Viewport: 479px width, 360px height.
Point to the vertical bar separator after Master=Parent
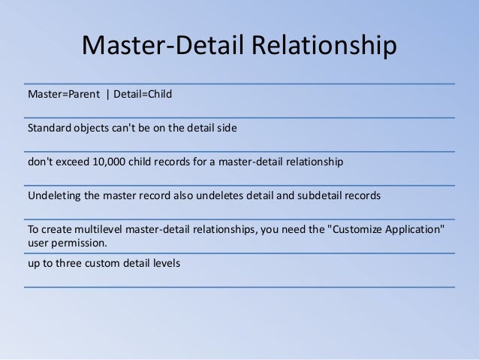click(107, 95)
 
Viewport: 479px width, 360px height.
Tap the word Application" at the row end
click(413, 229)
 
